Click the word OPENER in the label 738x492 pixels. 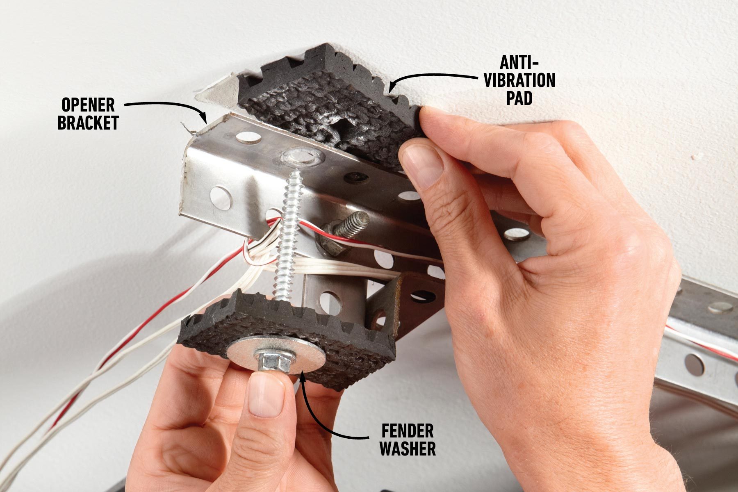[x=88, y=105]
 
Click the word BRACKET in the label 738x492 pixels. [x=88, y=123]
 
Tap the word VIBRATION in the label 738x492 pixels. [x=519, y=80]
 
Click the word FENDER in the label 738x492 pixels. [x=407, y=431]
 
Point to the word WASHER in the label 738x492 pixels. [x=407, y=448]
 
